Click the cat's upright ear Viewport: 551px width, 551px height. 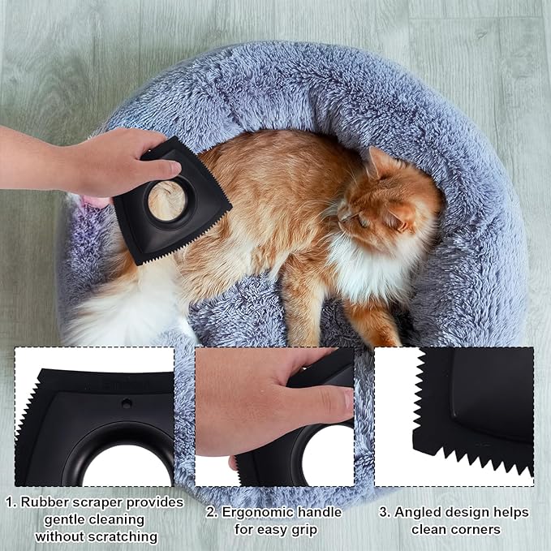click(x=381, y=162)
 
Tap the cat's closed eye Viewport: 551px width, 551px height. click(x=363, y=221)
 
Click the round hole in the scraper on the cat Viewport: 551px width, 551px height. click(x=166, y=201)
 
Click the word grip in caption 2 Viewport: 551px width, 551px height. click(x=305, y=529)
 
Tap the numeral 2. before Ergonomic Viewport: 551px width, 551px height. click(x=212, y=512)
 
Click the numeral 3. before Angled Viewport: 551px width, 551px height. click(x=385, y=512)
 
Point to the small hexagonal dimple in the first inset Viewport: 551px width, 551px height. click(x=127, y=403)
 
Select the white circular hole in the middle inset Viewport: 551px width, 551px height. click(x=328, y=456)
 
